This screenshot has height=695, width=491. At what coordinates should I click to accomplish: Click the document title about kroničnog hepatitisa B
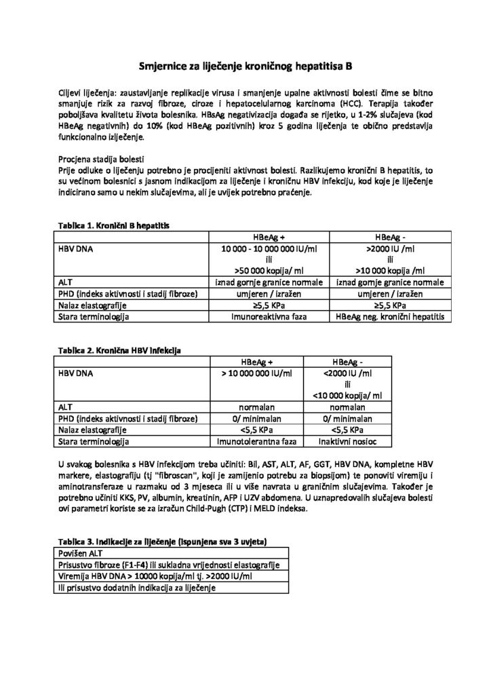click(x=245, y=66)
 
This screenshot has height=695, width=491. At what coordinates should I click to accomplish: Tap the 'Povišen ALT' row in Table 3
click(x=79, y=552)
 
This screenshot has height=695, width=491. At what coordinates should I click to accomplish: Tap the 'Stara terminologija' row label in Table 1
click(x=94, y=316)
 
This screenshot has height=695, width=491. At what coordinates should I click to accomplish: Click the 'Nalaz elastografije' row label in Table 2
click(x=94, y=430)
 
